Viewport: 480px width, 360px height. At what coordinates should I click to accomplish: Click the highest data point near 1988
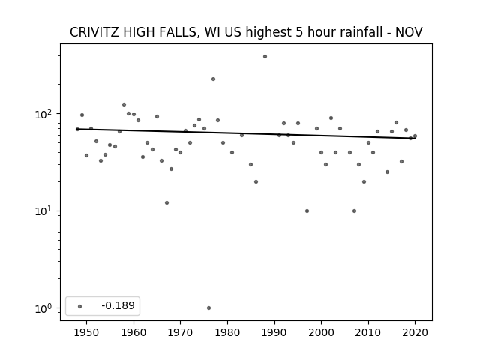[x=265, y=57]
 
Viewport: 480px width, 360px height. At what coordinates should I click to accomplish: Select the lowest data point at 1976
[x=208, y=308]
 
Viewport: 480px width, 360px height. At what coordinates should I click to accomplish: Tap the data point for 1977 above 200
[x=213, y=79]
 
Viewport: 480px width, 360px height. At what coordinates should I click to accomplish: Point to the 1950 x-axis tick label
[x=87, y=333]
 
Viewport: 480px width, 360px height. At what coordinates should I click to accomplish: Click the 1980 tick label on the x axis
[x=227, y=333]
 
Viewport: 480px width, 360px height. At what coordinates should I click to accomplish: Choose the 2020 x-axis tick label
[x=415, y=333]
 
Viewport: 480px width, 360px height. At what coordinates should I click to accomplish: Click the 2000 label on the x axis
[x=322, y=333]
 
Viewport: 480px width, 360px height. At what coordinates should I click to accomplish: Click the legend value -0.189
[x=118, y=305]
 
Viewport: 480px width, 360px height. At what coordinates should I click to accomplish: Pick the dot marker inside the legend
[x=80, y=306]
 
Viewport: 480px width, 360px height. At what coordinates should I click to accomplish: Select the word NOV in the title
[x=409, y=32]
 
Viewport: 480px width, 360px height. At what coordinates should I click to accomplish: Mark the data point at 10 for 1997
[x=307, y=211]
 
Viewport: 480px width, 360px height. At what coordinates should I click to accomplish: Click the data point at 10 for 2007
[x=354, y=211]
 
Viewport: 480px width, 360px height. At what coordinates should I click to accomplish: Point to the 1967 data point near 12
[x=166, y=203]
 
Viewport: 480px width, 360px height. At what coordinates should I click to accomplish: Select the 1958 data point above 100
[x=124, y=105]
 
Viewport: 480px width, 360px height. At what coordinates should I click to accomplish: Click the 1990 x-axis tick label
[x=274, y=333]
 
